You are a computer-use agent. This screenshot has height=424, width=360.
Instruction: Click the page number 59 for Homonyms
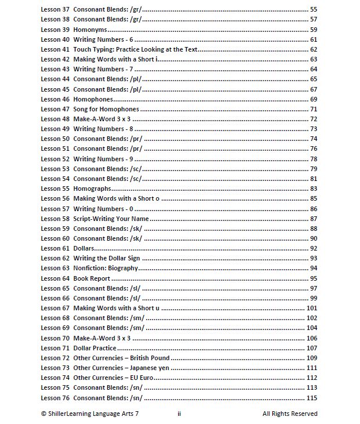314,30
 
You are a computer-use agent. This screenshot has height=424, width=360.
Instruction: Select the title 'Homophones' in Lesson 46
93,99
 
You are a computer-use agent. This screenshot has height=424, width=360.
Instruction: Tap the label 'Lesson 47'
55,109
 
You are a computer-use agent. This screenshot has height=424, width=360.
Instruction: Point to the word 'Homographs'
93,189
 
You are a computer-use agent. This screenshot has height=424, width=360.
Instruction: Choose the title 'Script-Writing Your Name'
111,219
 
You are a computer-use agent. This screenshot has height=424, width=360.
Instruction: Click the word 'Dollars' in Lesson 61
85,248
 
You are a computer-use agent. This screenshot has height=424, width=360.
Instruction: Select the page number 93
314,258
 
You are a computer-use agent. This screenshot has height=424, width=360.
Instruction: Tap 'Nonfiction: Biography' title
106,268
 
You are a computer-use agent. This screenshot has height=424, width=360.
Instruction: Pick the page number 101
312,308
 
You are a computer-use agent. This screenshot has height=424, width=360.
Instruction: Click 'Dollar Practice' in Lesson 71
95,348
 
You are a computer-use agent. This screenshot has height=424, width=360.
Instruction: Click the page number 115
312,397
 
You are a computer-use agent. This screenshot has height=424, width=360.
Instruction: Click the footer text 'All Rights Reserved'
290,414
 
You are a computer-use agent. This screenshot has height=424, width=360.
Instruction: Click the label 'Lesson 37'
55,10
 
